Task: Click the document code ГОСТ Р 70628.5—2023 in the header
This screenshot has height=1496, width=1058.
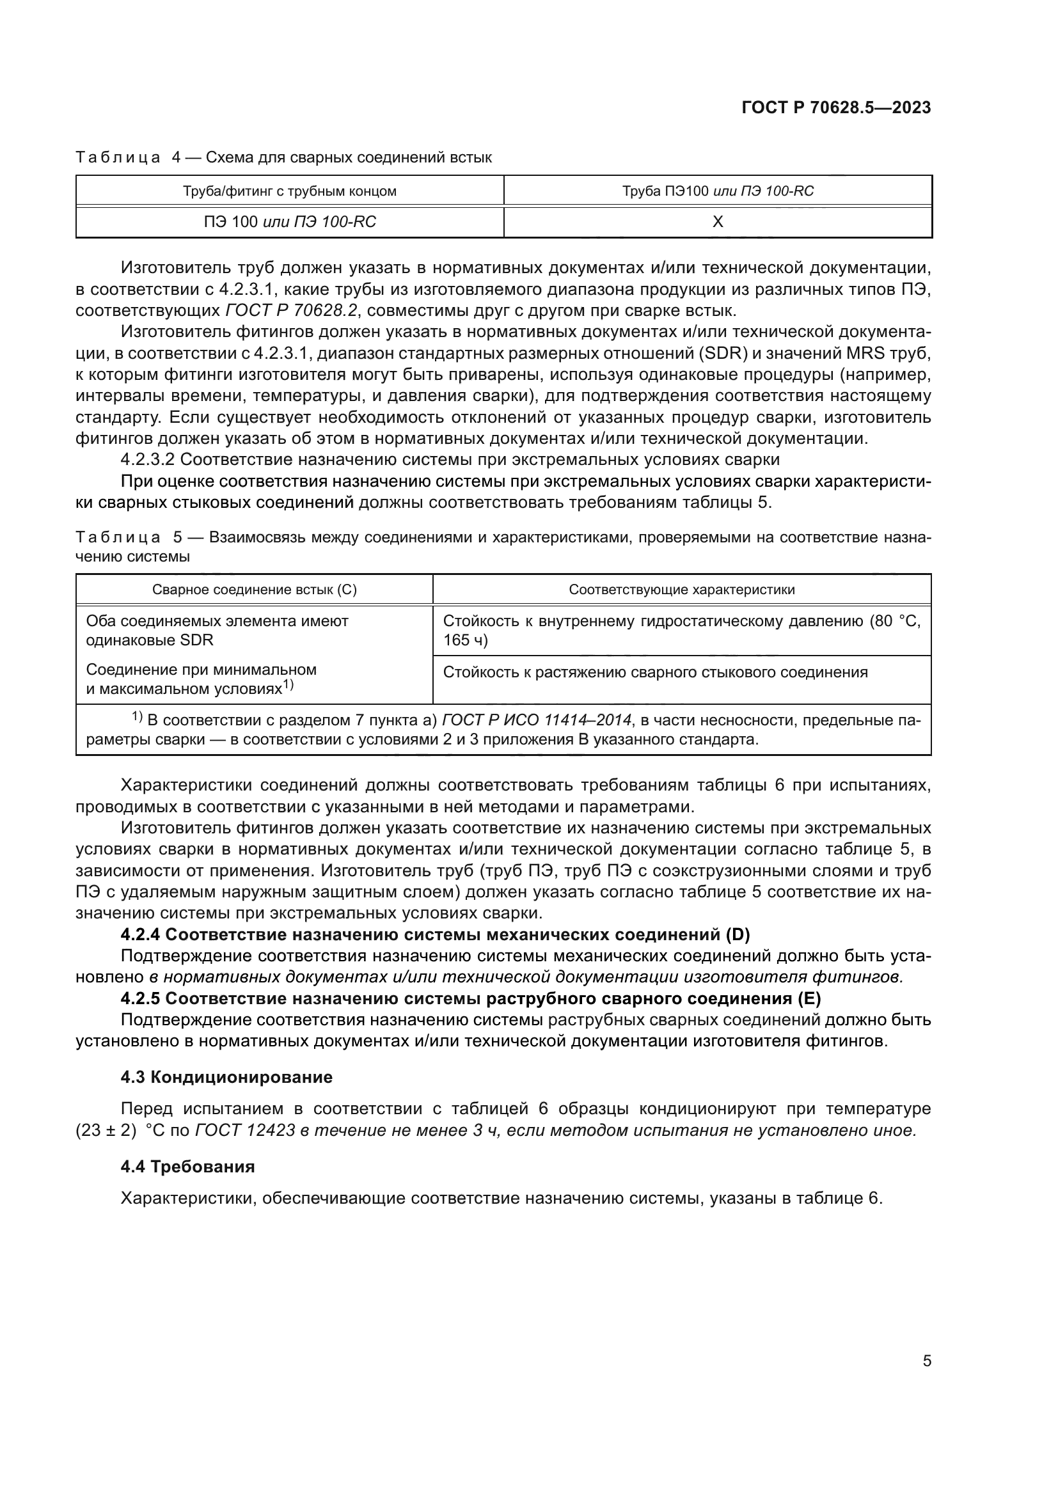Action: click(x=836, y=108)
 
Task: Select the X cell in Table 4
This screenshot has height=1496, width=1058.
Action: click(x=717, y=221)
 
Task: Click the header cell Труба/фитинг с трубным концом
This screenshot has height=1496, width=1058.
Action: click(x=290, y=191)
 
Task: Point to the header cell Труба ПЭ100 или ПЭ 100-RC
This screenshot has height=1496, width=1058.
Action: click(x=717, y=191)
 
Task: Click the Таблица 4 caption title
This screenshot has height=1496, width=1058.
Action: click(x=283, y=157)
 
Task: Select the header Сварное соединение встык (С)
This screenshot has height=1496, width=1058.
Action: click(x=254, y=590)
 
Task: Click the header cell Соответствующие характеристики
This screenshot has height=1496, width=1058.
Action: click(x=681, y=590)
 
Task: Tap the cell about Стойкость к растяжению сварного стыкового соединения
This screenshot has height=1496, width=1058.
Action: click(x=655, y=672)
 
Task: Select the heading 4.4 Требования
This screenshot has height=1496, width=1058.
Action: click(x=187, y=1167)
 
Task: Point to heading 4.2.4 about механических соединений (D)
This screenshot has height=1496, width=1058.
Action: click(x=435, y=935)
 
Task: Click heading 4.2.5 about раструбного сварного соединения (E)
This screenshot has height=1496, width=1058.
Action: click(x=470, y=999)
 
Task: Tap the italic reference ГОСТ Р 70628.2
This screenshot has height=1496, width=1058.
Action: click(x=292, y=310)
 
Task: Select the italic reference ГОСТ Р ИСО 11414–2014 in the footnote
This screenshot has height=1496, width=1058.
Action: click(x=537, y=720)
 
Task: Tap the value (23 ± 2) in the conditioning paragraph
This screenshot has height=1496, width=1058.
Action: click(x=106, y=1130)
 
